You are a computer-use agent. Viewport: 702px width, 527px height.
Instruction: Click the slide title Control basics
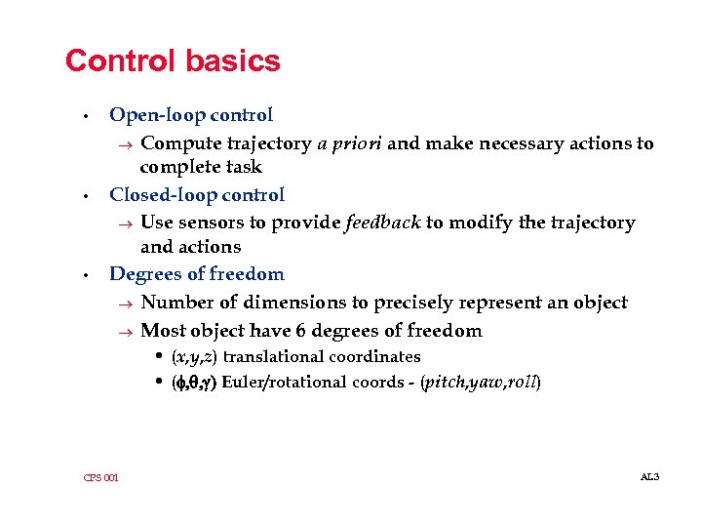point(173,61)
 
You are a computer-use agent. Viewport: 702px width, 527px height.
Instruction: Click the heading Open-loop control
point(191,115)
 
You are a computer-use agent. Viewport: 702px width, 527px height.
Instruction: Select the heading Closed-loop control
point(197,195)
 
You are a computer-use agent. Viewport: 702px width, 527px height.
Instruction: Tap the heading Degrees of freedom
point(197,274)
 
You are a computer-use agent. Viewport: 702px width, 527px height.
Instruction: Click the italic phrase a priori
point(349,143)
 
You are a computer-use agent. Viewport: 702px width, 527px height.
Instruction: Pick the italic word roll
point(523,382)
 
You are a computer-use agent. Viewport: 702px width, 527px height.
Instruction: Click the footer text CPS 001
point(101,477)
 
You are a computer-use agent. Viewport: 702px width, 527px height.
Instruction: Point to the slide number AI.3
point(649,476)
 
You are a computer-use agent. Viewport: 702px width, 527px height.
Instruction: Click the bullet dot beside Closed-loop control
point(87,196)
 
